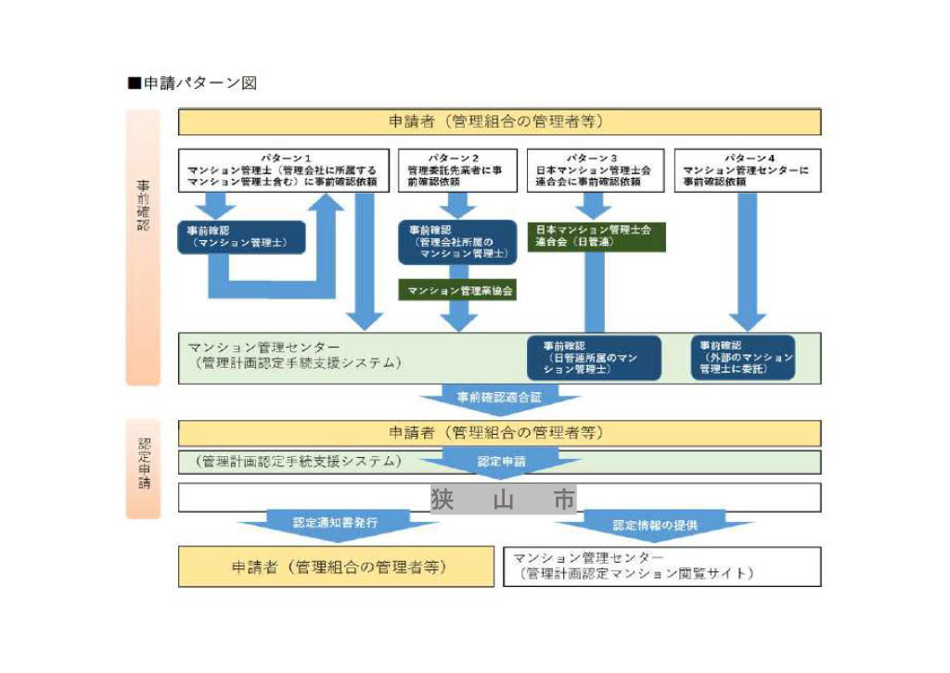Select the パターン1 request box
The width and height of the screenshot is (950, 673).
pos(282,171)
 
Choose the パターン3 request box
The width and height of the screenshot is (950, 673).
pos(595,171)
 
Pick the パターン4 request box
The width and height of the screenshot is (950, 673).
pos(747,171)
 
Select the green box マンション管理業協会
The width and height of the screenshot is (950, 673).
pos(457,291)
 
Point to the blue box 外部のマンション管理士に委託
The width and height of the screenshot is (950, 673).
pos(743,358)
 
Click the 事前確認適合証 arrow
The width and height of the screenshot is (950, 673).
pos(500,398)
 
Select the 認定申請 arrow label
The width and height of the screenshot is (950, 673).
pos(500,461)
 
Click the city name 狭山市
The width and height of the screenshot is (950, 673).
pos(503,499)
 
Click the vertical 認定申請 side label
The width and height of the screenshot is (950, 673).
pos(143,468)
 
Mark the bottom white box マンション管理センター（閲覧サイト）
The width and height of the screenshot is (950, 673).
pos(661,566)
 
